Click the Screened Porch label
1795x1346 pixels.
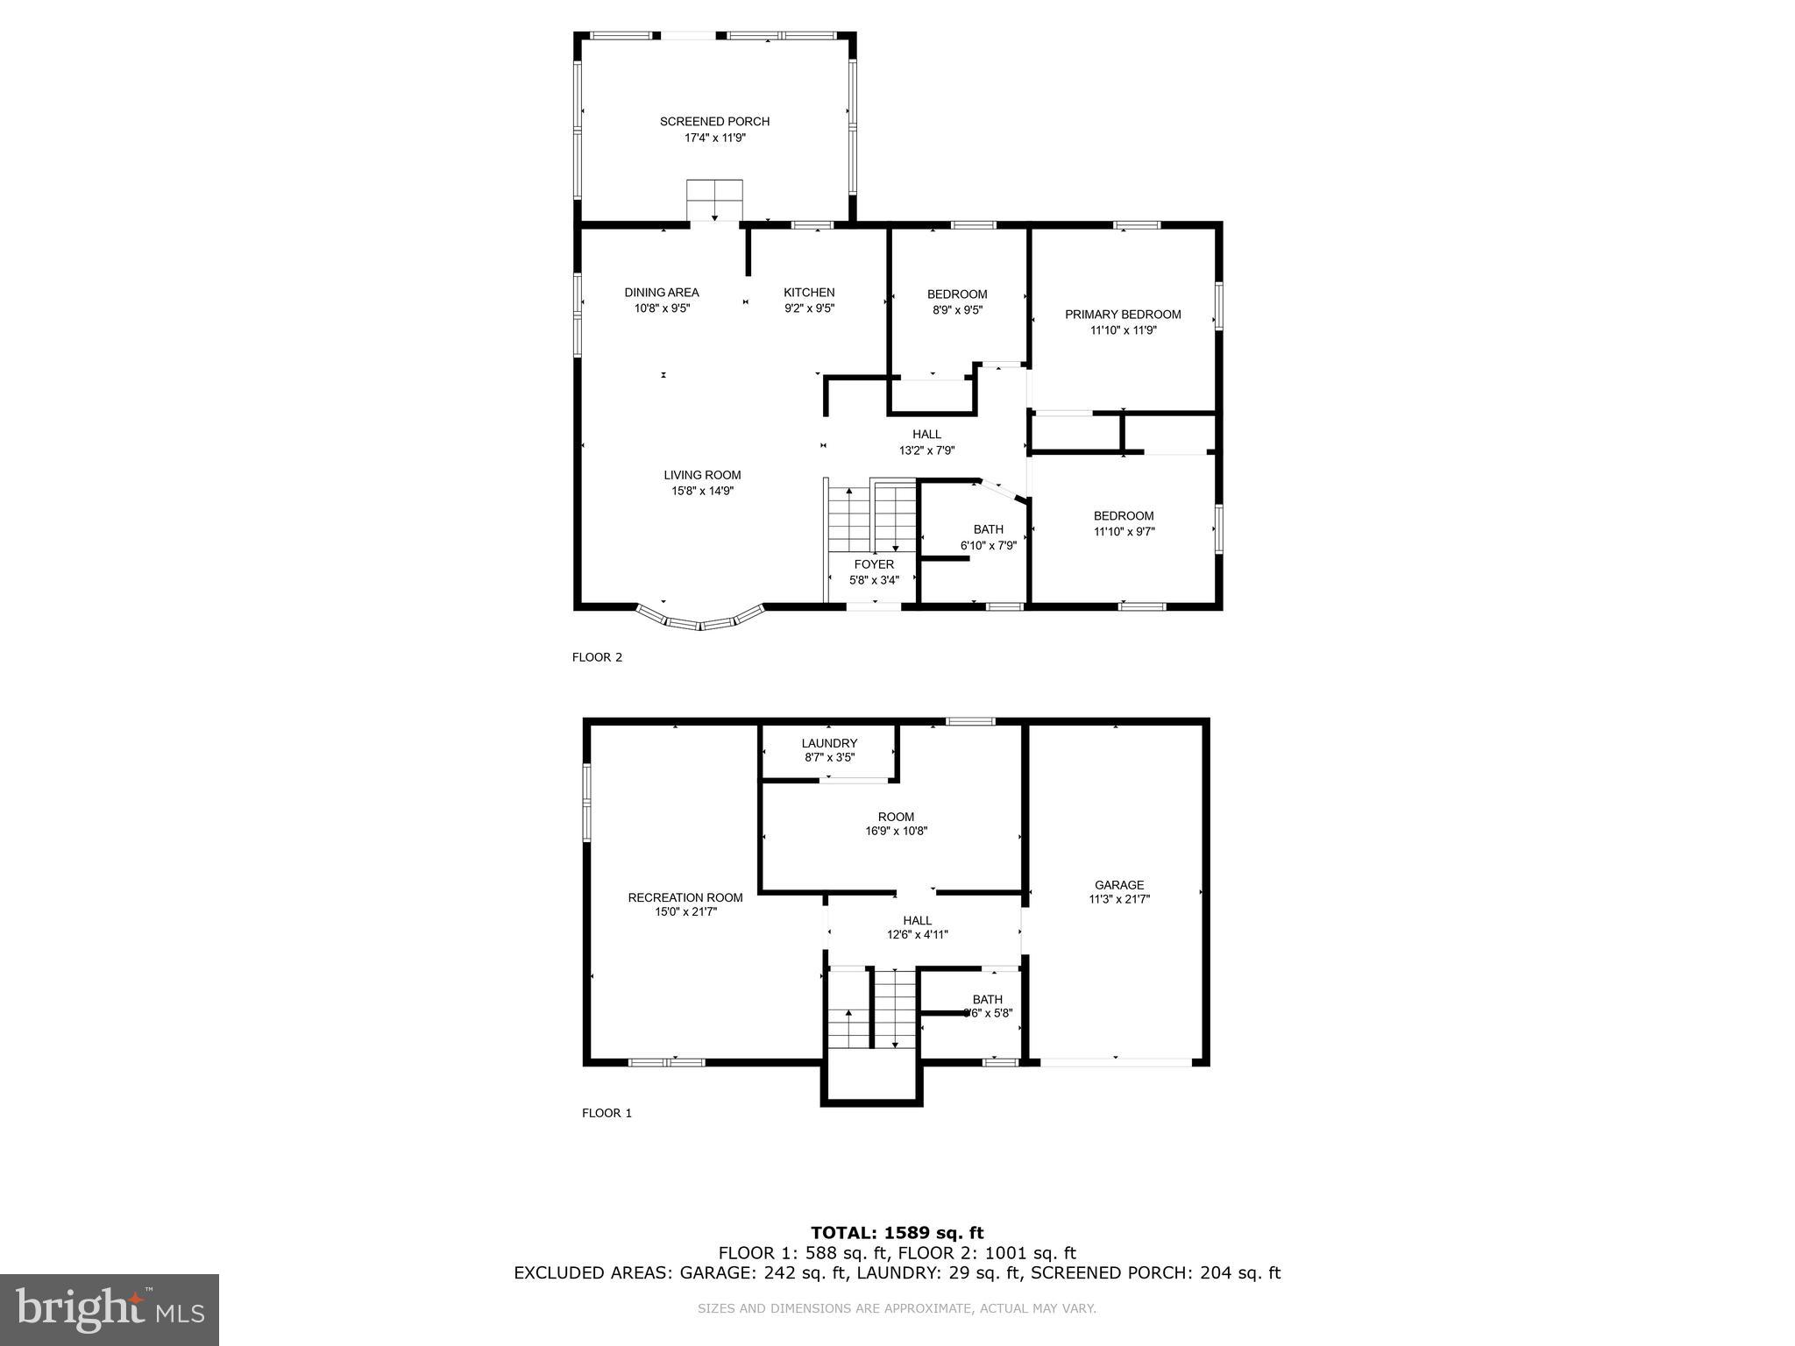tap(714, 122)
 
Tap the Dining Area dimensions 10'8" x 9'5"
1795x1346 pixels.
tap(662, 308)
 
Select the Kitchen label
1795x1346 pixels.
tap(808, 293)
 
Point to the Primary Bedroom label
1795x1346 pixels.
tap(1122, 315)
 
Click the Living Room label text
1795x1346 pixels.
tap(701, 475)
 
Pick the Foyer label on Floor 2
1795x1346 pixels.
tap(874, 564)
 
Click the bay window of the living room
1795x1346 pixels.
tap(699, 621)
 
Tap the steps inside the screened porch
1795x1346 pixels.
tap(714, 201)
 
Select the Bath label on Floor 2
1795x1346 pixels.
tap(988, 529)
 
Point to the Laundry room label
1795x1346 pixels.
tap(828, 743)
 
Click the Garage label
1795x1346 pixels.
tap(1118, 885)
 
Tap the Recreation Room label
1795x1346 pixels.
tap(685, 897)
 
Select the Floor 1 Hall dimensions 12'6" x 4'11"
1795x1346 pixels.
tap(917, 935)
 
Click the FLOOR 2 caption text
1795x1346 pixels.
tap(597, 657)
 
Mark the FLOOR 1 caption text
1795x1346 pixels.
tap(607, 1113)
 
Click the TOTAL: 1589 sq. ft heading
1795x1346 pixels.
tap(897, 1233)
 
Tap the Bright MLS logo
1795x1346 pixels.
tap(110, 1309)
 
